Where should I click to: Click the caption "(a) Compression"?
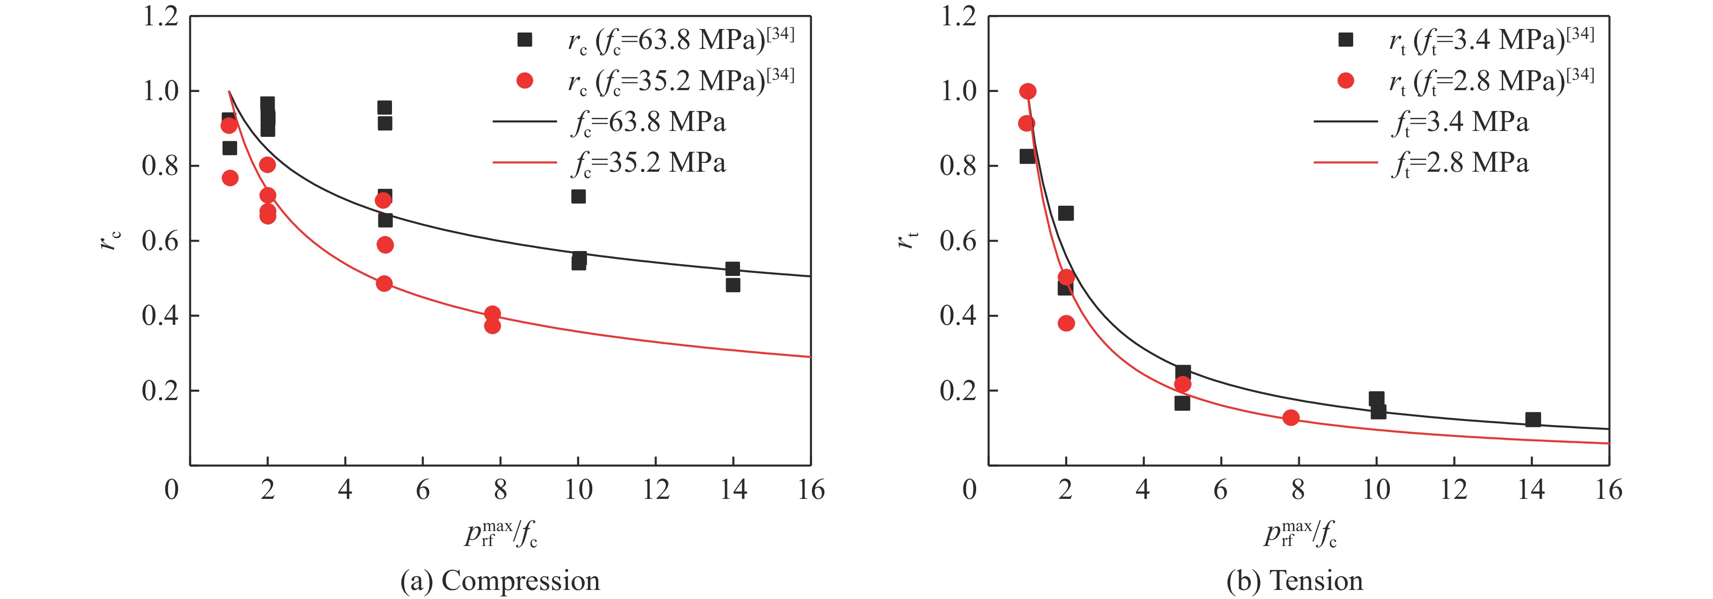[500, 580]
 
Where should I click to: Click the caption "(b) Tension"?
[1295, 580]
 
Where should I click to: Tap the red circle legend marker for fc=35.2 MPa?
[525, 81]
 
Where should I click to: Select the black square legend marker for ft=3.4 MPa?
[1345, 40]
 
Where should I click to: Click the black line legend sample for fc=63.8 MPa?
[524, 122]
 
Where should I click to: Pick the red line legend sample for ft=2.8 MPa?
[1345, 162]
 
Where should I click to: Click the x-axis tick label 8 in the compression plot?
[500, 490]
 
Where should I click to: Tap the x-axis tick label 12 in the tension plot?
[1454, 490]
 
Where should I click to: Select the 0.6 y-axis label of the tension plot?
[958, 241]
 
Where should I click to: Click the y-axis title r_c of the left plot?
[111, 241]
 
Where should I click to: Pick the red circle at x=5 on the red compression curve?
[384, 283]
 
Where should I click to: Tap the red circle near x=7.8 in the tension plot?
[1291, 417]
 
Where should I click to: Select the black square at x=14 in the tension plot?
[1533, 420]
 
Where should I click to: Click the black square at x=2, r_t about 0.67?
[1066, 213]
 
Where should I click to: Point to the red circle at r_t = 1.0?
[1027, 91]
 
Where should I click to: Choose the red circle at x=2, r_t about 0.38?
[1066, 323]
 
